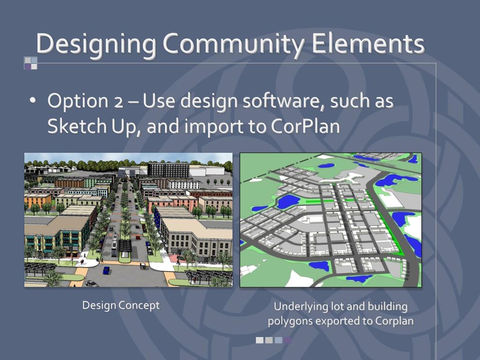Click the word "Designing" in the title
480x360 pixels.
click(96, 44)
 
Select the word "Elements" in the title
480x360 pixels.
click(368, 44)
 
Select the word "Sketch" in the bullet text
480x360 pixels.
click(76, 127)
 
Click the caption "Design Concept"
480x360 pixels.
click(121, 306)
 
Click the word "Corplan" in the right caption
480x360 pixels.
click(395, 322)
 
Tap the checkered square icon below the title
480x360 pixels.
click(30, 63)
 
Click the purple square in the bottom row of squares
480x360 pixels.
click(287, 340)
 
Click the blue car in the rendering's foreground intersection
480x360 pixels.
click(106, 270)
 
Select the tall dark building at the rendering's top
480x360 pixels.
click(168, 169)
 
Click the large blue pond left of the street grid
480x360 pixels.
click(287, 201)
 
